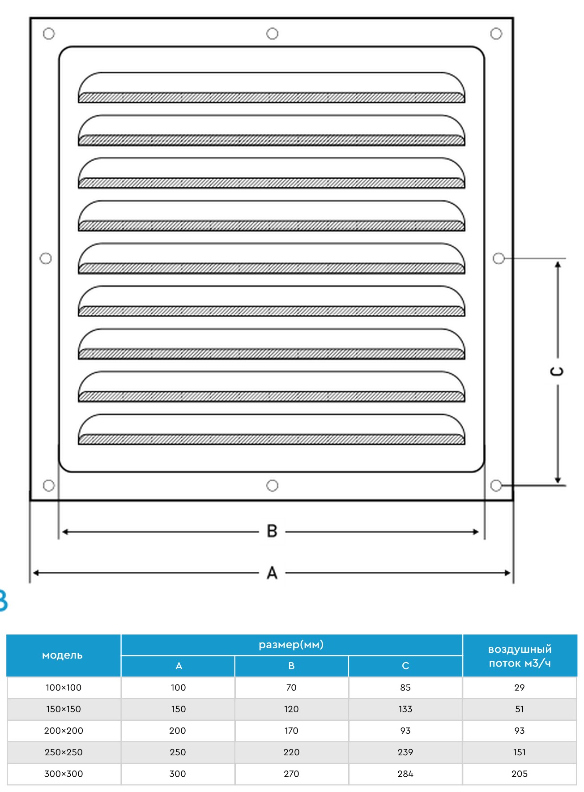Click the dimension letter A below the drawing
pos(272,573)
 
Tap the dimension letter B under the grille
pos(272,531)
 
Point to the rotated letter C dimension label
pos(557,371)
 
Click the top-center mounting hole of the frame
pos(272,34)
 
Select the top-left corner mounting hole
pos(49,34)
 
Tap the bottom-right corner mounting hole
pos(496,485)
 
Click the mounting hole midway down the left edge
pos(46,258)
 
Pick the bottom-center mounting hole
pos(272,485)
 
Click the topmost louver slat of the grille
pos(272,88)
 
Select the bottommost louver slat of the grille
pos(272,429)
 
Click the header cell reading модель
pos(63,655)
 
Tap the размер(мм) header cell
pos(291,645)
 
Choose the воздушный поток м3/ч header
pos(520,655)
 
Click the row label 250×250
pos(64,752)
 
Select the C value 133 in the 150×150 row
pos(405,709)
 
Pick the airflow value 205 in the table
pos(520,774)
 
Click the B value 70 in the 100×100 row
pos(291,688)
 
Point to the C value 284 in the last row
pos(405,774)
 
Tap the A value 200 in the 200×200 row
pos(178,731)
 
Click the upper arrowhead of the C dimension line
pos(558,265)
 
